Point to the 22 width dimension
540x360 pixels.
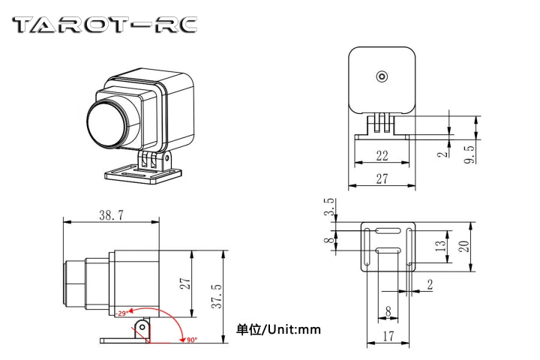pos(382,155)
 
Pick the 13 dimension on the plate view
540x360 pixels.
pos(440,247)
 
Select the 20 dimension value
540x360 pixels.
pos(463,246)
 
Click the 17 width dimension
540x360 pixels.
pos(388,337)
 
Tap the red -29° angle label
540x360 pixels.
pos(119,313)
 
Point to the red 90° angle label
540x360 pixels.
pos(191,340)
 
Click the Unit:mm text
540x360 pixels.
pos(278,328)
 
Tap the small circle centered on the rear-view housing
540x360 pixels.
pos(382,76)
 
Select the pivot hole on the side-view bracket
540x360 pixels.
pos(140,325)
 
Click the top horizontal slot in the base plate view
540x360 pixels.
pos(387,230)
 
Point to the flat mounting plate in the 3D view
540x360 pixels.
pos(142,175)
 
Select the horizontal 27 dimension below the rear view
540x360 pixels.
pos(382,179)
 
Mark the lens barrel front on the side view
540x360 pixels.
pos(67,283)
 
